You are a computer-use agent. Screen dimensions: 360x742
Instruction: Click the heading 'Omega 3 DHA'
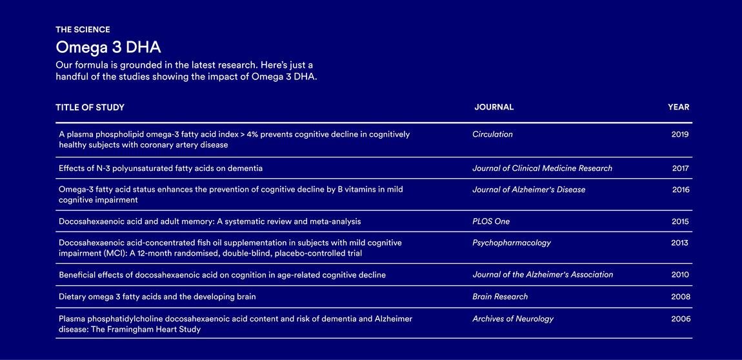coord(108,47)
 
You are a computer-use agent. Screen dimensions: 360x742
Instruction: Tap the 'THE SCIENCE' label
coord(83,30)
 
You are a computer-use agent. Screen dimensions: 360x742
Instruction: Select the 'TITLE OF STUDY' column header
coord(90,107)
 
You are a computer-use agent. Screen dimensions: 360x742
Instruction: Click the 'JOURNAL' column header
coord(494,107)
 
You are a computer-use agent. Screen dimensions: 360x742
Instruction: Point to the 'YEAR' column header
coord(678,107)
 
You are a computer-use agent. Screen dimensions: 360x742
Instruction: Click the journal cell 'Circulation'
coord(492,134)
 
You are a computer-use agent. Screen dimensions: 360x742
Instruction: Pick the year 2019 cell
coord(680,134)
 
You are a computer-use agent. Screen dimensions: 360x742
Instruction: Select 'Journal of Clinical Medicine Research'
coord(542,168)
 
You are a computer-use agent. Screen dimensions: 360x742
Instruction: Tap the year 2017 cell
coord(680,168)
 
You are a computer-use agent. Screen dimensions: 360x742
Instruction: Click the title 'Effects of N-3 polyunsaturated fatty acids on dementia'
coord(161,168)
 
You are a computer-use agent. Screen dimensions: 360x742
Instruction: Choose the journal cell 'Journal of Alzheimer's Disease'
coord(528,190)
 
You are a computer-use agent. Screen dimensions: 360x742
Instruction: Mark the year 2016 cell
coord(680,190)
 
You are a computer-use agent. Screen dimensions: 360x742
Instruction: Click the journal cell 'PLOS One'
coord(490,221)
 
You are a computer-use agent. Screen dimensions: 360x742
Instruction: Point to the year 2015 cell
coord(680,221)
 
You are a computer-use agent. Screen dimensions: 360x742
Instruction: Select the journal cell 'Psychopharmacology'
coord(511,243)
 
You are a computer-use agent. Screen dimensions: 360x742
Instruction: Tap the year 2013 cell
coord(679,243)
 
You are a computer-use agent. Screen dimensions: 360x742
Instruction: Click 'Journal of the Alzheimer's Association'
coord(543,275)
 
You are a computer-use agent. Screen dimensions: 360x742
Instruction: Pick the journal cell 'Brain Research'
coord(499,297)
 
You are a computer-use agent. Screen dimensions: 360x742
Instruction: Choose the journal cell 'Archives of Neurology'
coord(512,319)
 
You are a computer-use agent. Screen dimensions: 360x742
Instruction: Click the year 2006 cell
coord(680,319)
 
